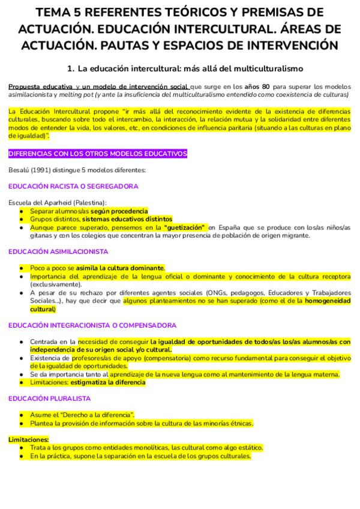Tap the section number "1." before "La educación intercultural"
(71, 69)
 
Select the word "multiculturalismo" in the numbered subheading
(264, 69)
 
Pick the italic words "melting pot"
(80, 95)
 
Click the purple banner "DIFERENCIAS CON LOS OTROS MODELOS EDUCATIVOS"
(98, 154)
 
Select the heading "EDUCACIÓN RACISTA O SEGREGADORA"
(73, 187)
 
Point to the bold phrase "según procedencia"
(119, 211)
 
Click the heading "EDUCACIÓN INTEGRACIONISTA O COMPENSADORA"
(92, 325)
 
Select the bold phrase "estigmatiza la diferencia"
(108, 382)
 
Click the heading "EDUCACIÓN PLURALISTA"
(49, 399)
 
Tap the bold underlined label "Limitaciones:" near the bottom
(28, 439)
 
